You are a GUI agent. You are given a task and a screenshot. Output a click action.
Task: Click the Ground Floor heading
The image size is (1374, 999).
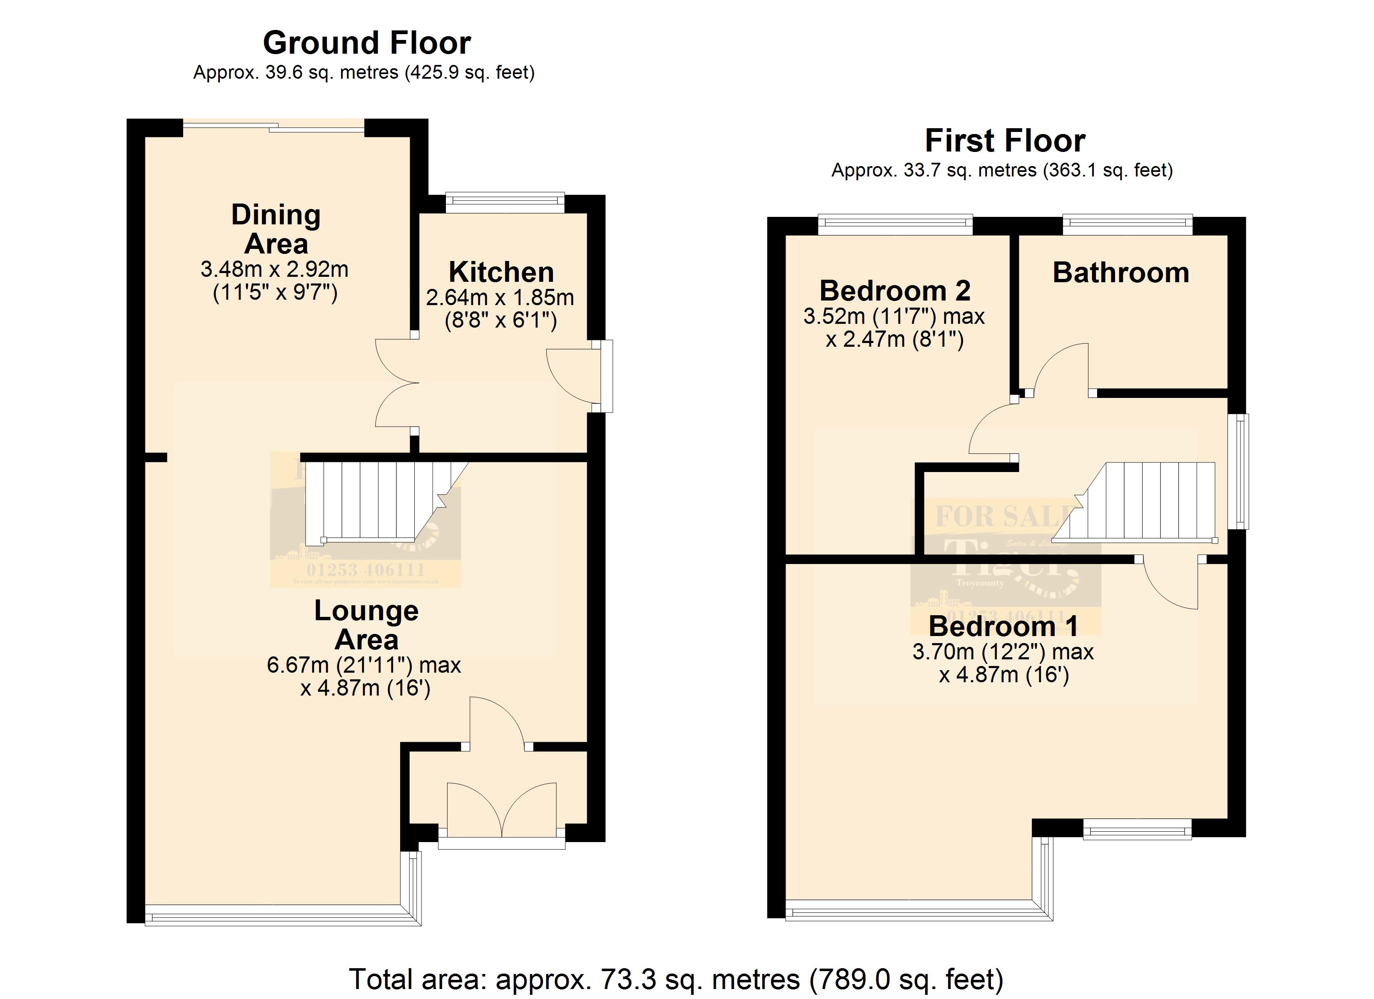(x=366, y=43)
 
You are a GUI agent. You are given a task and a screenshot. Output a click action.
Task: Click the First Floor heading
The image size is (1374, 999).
(x=1004, y=141)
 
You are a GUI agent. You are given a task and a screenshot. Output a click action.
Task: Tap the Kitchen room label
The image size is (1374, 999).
(x=501, y=272)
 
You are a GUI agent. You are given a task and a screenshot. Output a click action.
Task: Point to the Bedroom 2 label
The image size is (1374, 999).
(x=895, y=291)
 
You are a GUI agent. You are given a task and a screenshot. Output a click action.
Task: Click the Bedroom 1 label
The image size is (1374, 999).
(x=1003, y=626)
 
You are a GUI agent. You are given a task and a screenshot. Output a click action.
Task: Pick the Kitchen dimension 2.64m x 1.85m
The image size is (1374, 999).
(x=500, y=298)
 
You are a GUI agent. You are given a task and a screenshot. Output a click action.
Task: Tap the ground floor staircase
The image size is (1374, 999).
(x=376, y=502)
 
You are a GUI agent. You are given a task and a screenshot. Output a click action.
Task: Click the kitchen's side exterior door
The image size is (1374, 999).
(x=575, y=375)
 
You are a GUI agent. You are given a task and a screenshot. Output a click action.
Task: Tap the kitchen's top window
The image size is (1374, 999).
(x=505, y=202)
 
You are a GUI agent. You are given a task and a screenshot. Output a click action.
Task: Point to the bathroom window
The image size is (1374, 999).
(x=1128, y=225)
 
